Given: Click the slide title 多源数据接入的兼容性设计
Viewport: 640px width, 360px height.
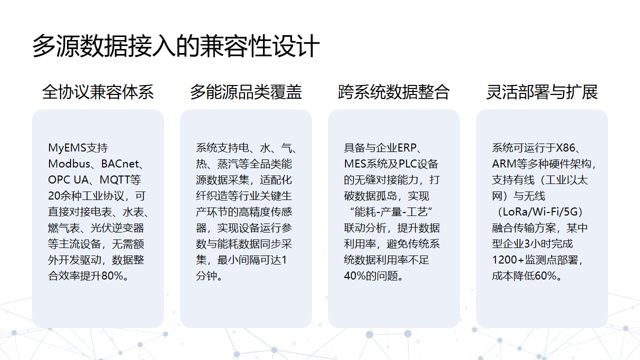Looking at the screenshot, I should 176,46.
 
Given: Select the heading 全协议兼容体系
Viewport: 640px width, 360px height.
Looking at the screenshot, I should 98,93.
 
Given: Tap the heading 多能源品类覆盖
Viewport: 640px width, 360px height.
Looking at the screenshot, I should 246,93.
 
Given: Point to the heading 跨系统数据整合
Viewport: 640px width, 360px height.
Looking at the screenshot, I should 394,93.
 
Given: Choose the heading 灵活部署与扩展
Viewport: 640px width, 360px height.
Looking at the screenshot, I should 542,93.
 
